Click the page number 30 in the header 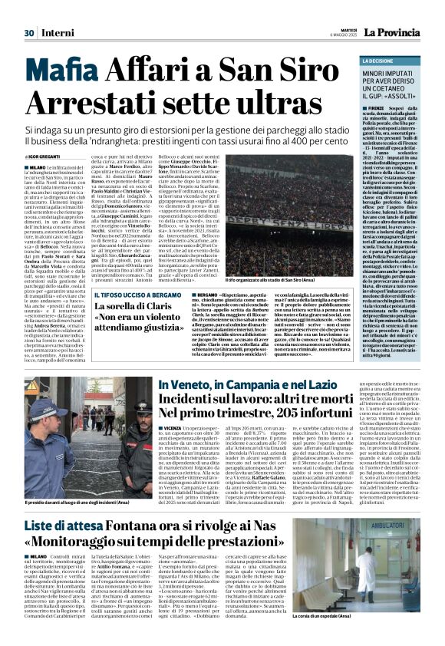point(30,12)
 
